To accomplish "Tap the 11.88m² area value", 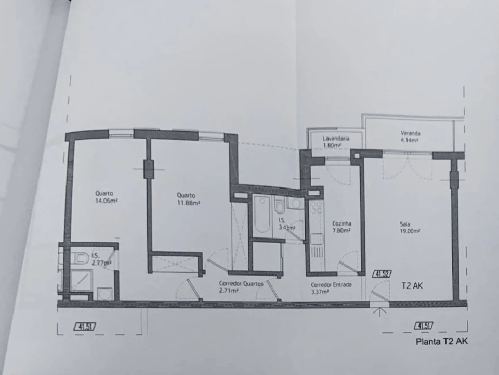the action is [x=188, y=203].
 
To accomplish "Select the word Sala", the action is [x=405, y=224].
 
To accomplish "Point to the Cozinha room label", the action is [x=342, y=223].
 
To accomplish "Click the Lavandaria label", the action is [x=336, y=139].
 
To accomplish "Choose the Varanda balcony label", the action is [x=410, y=133].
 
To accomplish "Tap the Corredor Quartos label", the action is [x=241, y=283].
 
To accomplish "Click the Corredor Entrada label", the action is [x=331, y=285].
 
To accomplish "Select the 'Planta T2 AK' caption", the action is [x=442, y=342].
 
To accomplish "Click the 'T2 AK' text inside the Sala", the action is [x=412, y=286].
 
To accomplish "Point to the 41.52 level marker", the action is [x=382, y=274].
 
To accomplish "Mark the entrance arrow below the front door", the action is [x=379, y=311].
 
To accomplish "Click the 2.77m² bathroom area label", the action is [x=101, y=263].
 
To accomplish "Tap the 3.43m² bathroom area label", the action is [x=287, y=228].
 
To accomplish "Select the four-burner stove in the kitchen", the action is [x=317, y=208].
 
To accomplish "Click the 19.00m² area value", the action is [x=410, y=231].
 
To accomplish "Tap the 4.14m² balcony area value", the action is [x=410, y=140].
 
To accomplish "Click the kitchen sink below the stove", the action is [x=317, y=239].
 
